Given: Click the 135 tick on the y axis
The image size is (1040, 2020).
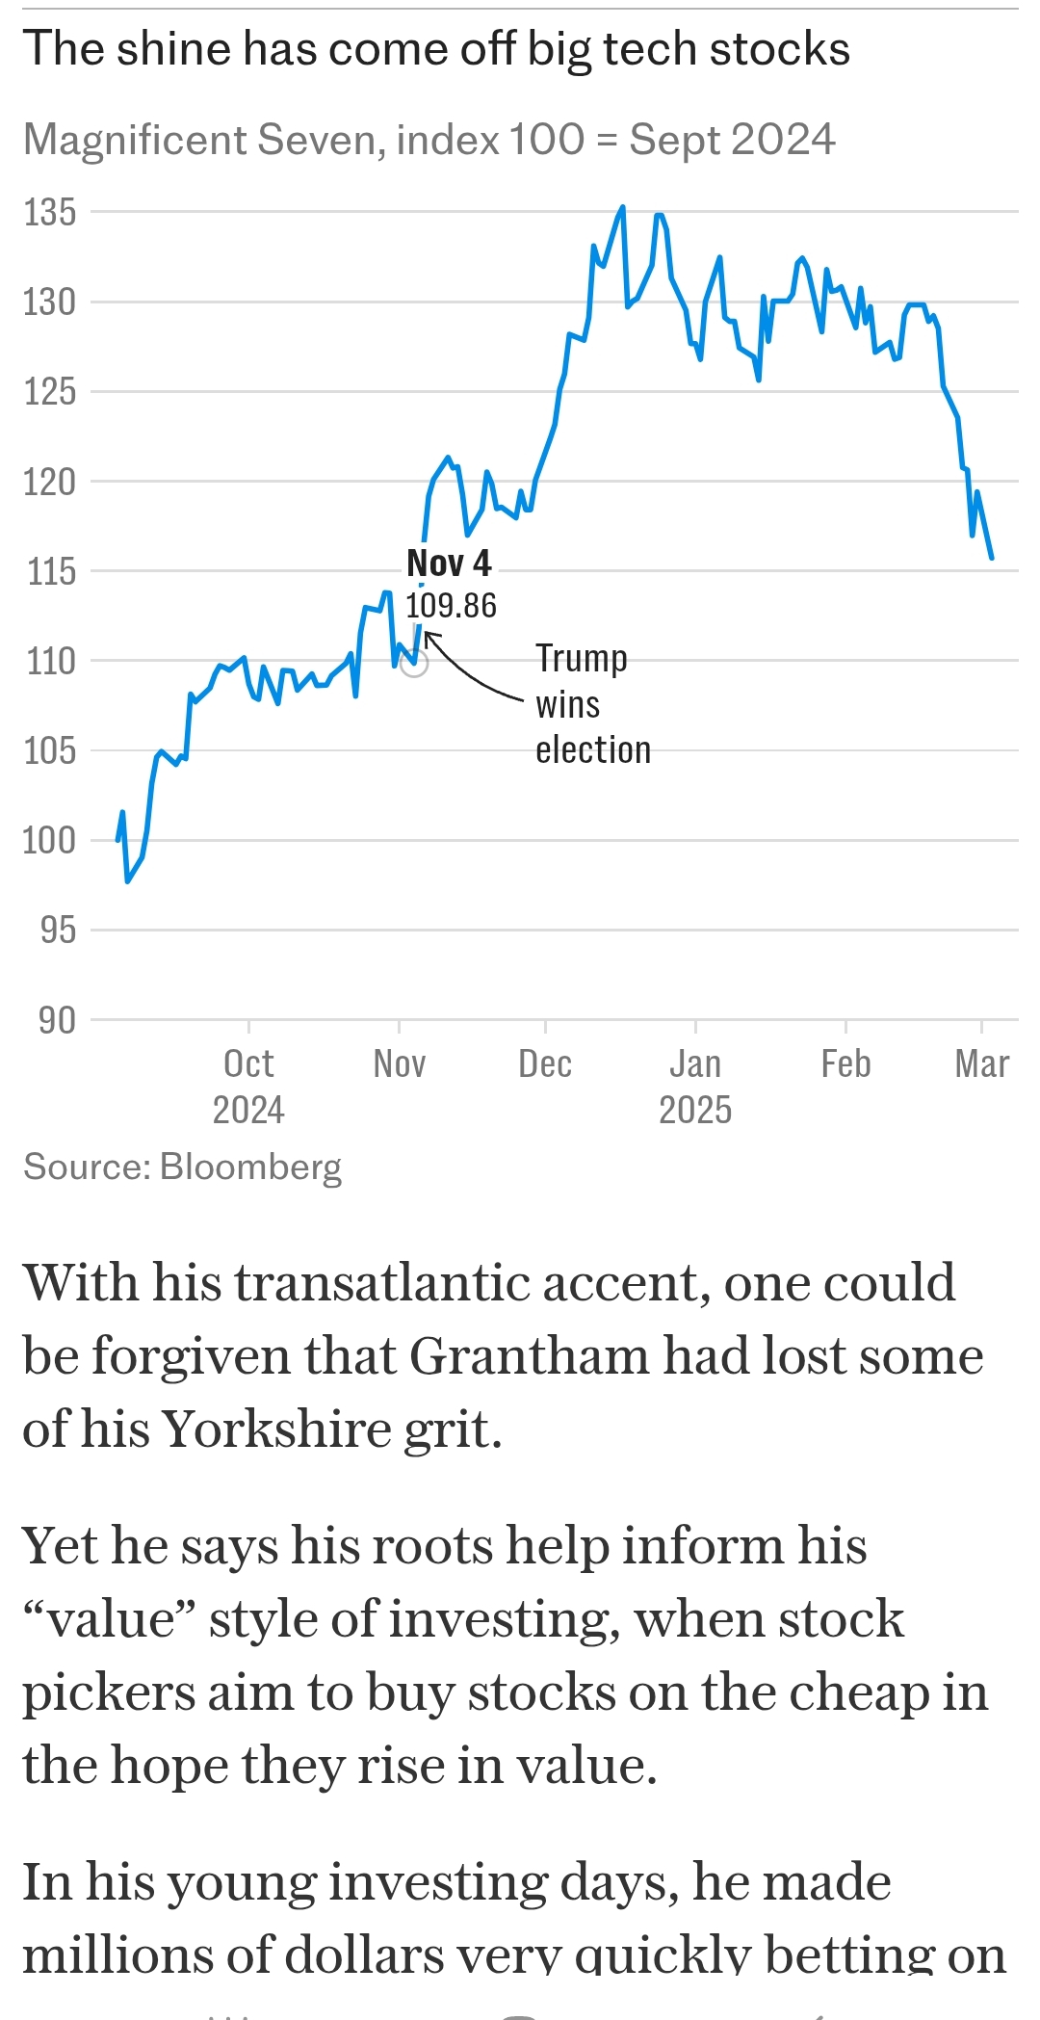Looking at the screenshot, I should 49,212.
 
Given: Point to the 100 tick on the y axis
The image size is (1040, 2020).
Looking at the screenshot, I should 49,840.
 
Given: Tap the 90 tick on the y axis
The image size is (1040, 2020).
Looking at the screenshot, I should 57,1020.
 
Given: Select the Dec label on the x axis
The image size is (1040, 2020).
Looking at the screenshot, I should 545,1064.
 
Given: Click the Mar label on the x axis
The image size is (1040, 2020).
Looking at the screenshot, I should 981,1064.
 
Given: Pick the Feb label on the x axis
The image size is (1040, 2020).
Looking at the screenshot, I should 845,1064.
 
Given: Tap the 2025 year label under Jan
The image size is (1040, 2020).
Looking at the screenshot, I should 695,1110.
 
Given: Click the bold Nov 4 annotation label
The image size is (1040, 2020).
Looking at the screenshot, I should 449,563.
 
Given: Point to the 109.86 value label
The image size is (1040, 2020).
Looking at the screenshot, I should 451,606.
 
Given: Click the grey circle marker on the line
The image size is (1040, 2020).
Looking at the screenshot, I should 414,663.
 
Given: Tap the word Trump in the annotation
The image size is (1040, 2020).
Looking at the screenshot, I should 582,659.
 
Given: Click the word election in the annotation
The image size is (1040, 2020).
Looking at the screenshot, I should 593,749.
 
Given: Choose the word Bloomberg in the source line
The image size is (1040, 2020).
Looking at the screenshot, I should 250,1167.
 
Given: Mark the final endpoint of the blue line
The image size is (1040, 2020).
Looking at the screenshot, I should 992,558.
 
